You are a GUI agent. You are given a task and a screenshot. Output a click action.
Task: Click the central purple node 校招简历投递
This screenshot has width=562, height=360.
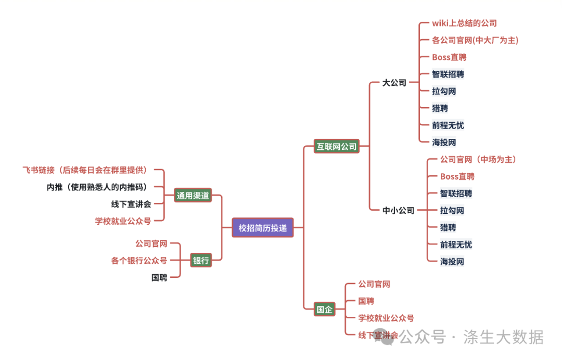tap(263, 227)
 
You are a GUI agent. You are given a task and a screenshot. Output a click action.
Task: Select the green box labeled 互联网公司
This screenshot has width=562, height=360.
tap(337, 147)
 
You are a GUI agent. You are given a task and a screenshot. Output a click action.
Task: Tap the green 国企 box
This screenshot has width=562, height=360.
tap(324, 310)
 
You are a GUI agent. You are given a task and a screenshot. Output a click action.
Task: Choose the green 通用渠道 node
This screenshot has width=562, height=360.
tap(193, 196)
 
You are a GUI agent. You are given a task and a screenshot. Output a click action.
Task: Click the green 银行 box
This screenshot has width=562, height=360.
tap(201, 261)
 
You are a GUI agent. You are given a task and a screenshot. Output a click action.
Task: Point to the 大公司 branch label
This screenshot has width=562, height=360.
tap(394, 83)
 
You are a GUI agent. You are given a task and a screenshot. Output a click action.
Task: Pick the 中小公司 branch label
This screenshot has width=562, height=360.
tap(399, 211)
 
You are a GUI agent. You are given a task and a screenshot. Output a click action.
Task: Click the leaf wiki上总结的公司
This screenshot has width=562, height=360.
tap(464, 23)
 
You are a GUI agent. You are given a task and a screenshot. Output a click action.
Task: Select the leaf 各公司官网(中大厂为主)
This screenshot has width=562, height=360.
tap(475, 40)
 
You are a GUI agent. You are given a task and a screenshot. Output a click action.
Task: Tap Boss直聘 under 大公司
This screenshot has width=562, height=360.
tap(449, 57)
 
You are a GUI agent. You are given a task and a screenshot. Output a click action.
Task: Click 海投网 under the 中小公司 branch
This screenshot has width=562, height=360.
tap(452, 261)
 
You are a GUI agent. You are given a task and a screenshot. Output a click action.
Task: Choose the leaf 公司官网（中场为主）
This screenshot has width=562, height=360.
tap(478, 159)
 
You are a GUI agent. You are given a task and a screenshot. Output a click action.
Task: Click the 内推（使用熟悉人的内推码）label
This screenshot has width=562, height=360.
tap(97, 187)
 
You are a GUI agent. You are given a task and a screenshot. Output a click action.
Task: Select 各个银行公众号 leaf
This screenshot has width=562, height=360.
tap(139, 261)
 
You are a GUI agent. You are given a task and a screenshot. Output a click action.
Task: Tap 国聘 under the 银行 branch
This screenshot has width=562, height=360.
tap(159, 278)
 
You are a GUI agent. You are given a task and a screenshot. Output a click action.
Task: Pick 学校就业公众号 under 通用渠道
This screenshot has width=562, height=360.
tap(123, 221)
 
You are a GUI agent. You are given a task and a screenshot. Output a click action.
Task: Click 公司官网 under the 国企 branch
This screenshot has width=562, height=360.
tap(374, 284)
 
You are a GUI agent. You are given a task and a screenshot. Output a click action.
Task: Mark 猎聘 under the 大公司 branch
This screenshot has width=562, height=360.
tap(440, 108)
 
